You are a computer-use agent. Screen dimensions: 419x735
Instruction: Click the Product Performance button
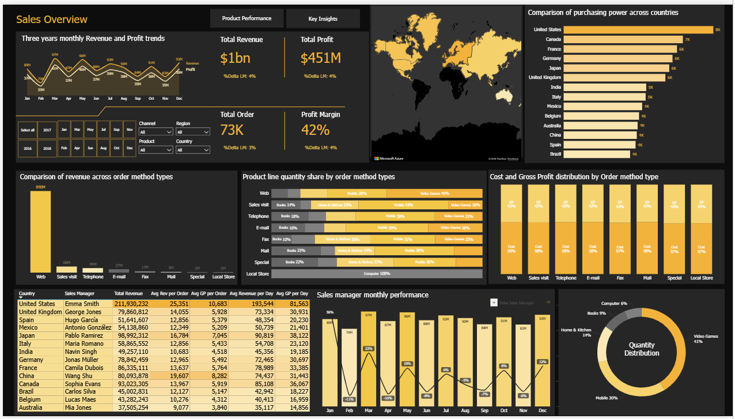point(247,18)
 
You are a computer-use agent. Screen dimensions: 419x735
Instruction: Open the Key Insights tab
point(323,18)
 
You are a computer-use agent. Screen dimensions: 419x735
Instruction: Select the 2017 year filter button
point(47,130)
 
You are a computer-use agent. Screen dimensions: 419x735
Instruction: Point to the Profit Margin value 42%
point(315,130)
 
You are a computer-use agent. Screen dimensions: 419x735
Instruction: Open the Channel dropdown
point(156,132)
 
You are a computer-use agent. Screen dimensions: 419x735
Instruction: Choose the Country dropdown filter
point(192,150)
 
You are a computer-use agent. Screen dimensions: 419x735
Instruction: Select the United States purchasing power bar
point(638,30)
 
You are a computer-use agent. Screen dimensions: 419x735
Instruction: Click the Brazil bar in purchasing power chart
point(597,154)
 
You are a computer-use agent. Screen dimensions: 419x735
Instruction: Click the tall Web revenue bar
point(40,232)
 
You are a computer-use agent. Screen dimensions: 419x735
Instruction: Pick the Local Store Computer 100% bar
point(377,274)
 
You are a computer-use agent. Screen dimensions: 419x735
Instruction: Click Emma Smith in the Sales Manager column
point(82,304)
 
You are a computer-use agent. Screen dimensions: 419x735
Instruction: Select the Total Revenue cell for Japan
point(131,335)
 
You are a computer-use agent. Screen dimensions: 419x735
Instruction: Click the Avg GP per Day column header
point(292,293)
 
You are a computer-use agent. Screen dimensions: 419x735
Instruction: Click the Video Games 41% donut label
point(706,339)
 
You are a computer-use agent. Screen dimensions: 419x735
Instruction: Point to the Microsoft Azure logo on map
point(390,158)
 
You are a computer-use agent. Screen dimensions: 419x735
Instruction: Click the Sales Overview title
point(52,20)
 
